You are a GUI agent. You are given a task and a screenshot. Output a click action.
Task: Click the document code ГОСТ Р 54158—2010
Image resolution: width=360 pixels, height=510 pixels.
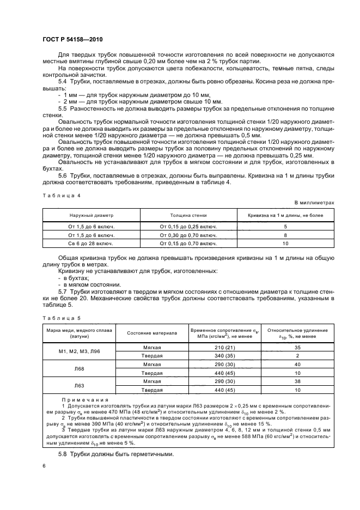coord(72,40)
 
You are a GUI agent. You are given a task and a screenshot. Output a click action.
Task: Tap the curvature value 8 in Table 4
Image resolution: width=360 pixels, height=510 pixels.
coord(285,234)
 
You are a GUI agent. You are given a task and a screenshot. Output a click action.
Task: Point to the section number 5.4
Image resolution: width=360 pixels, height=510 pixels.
coord(63,81)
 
